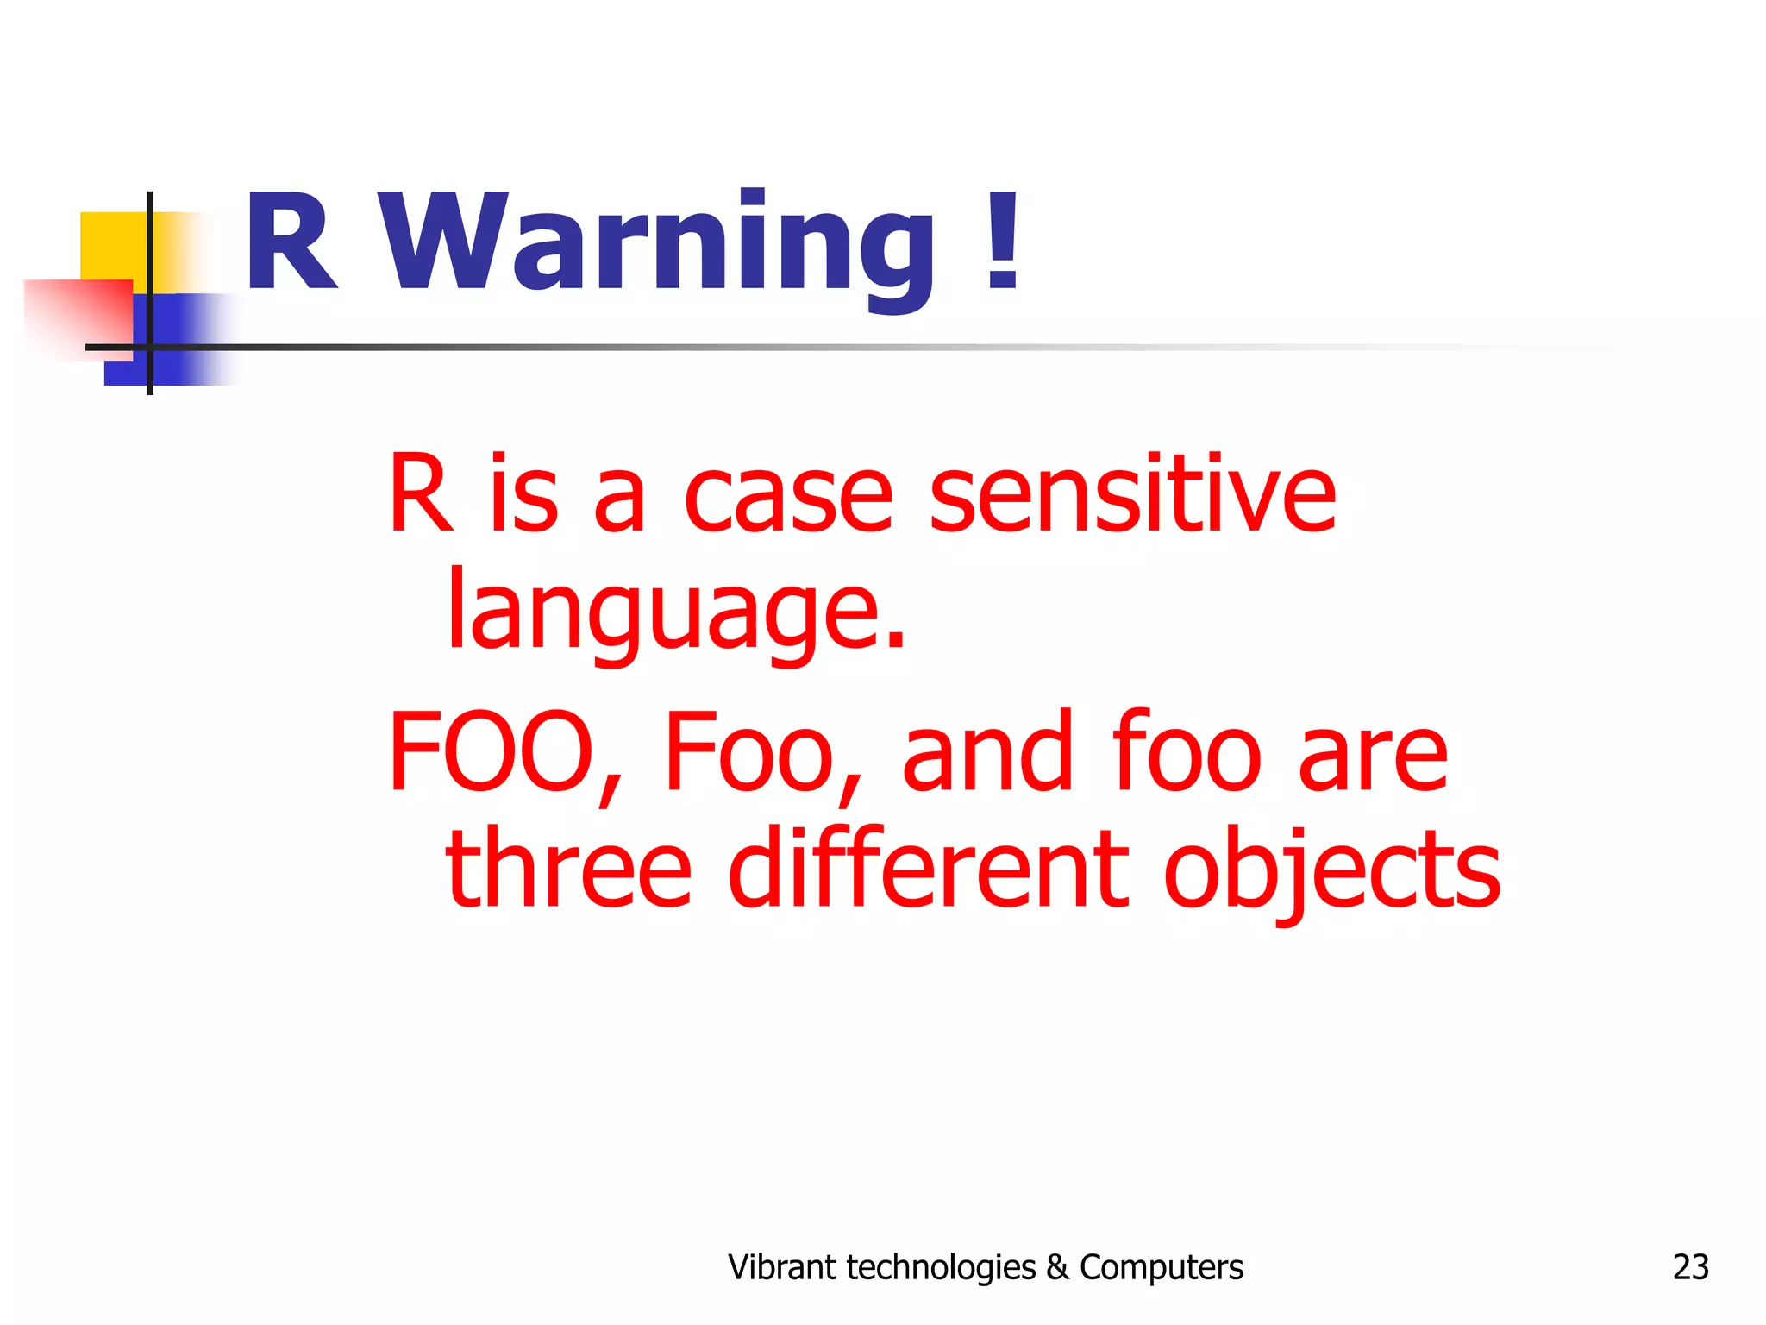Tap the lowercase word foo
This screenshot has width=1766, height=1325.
point(1186,750)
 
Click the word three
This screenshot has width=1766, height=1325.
point(568,867)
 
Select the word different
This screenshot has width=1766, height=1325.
point(928,867)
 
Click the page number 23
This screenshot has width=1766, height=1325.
point(1690,1267)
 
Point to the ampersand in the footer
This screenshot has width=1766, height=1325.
point(1057,1267)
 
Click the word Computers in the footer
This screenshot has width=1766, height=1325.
point(1162,1267)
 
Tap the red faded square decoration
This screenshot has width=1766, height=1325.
point(78,315)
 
